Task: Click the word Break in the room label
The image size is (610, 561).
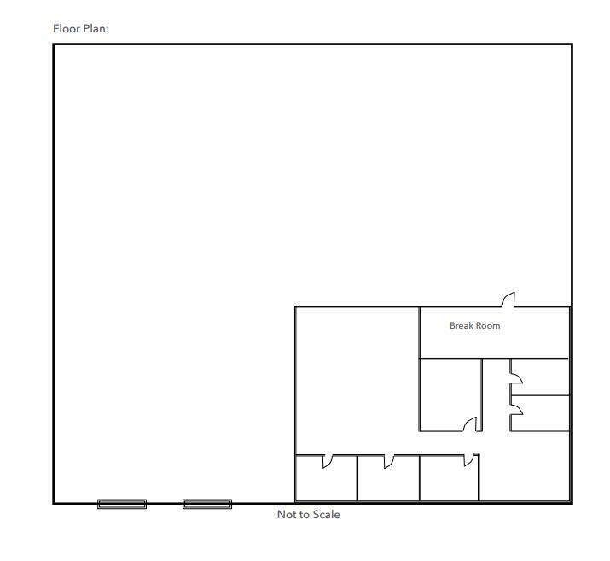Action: coord(462,325)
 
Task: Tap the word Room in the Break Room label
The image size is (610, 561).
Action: coord(488,325)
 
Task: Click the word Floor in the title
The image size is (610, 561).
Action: coord(67,28)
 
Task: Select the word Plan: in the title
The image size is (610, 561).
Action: coord(96,28)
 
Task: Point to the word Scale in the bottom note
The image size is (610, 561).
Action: coord(327,514)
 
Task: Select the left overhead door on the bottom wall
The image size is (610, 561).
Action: coord(122,504)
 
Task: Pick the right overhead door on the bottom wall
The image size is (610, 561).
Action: coord(207,504)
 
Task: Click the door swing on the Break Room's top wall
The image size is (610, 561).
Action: coord(508,299)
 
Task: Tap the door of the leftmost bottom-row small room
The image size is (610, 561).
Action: coord(327,461)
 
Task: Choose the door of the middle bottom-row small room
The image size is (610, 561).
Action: coord(389,461)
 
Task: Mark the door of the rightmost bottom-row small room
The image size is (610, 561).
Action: coord(469,460)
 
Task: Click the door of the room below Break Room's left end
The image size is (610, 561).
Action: coord(470,424)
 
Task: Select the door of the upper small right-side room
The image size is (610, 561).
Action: coord(516,377)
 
